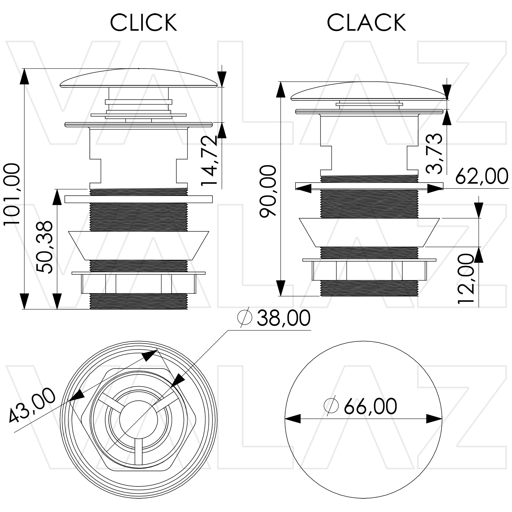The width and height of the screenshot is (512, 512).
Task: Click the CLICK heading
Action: click(143, 23)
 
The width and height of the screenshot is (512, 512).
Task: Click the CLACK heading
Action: click(366, 23)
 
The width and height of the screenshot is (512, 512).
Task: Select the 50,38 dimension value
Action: click(44, 247)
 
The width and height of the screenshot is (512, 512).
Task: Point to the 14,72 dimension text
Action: click(209, 160)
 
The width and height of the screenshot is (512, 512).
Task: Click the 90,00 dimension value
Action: click(268, 191)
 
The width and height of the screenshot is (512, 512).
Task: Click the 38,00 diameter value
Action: click(283, 318)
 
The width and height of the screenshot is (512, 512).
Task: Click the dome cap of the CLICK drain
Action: click(138, 78)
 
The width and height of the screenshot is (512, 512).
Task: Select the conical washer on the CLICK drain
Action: click(138, 245)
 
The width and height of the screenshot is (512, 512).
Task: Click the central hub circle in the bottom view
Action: click(138, 419)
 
